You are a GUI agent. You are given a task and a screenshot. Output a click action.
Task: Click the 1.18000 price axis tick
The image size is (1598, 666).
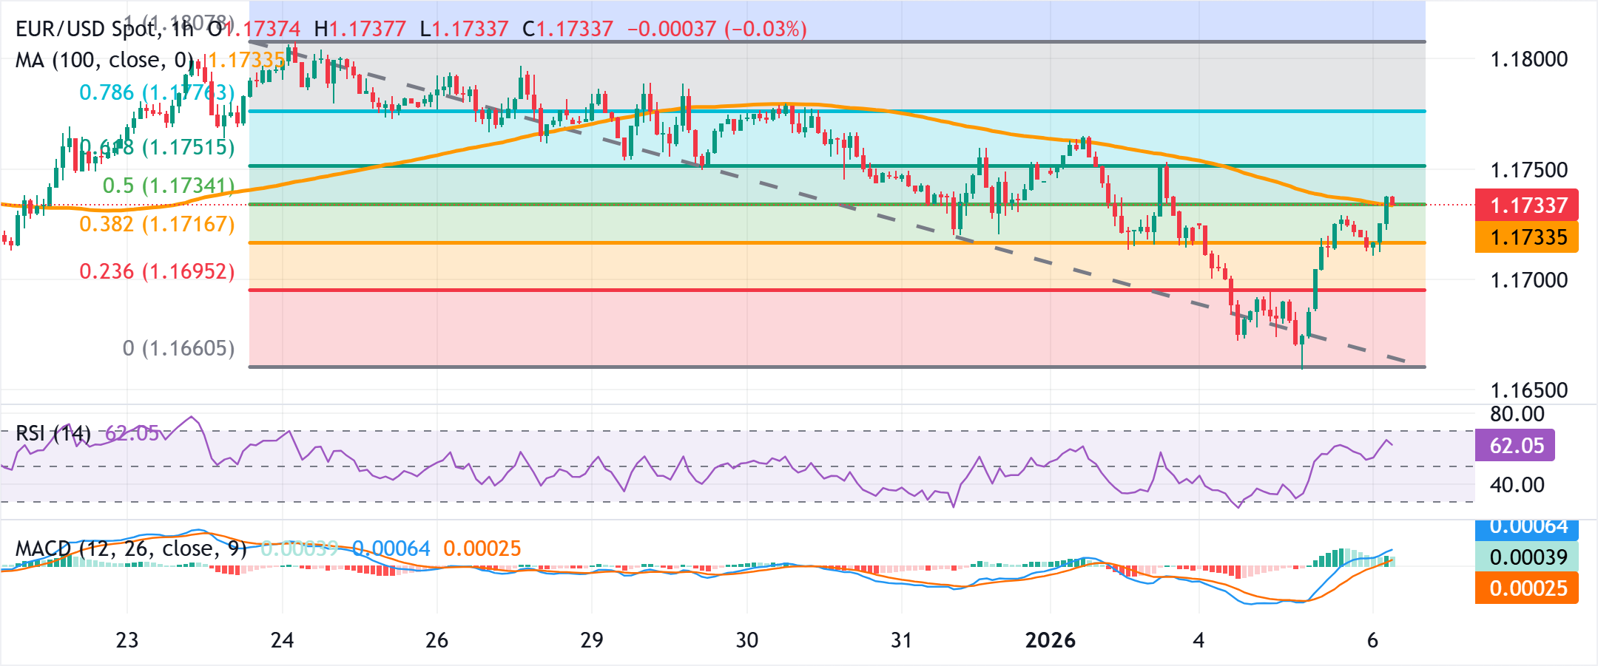point(1528,59)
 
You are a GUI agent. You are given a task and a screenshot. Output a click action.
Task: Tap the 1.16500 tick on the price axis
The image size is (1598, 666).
point(1528,390)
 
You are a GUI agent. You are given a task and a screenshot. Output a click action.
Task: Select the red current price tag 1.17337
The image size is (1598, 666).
point(1527,205)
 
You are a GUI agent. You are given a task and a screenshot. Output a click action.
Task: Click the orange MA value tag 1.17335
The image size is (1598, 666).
point(1527,237)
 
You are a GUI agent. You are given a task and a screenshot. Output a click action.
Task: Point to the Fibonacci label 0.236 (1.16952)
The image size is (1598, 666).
point(157,271)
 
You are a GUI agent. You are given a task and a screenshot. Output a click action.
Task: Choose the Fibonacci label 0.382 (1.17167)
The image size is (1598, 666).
point(157,224)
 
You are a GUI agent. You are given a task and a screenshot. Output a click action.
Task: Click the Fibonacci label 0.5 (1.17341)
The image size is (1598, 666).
point(168,186)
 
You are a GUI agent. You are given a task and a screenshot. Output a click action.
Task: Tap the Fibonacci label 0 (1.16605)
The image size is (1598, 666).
point(178,348)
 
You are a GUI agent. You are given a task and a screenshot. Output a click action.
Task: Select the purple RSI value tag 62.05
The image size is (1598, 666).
point(1515,446)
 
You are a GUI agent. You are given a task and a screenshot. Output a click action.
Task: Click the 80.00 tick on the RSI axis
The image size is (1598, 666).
point(1517,414)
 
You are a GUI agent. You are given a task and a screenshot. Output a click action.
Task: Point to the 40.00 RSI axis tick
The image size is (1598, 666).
point(1517,485)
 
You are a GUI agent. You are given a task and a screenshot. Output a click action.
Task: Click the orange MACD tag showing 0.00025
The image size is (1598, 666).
point(1527,588)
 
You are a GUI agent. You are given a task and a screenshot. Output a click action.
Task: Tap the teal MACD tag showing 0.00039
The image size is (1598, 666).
point(1527,557)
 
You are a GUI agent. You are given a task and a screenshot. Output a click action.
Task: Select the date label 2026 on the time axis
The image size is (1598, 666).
point(1050,640)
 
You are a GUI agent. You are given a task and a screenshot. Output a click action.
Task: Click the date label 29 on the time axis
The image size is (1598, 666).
point(592,640)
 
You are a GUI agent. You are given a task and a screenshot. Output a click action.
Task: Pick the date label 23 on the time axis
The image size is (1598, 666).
point(127,640)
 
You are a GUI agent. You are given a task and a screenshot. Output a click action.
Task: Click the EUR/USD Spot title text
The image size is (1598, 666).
point(86,29)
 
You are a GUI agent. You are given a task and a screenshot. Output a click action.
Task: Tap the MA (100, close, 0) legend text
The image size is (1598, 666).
point(104,60)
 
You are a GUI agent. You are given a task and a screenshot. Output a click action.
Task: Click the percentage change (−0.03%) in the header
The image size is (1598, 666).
point(766,29)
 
